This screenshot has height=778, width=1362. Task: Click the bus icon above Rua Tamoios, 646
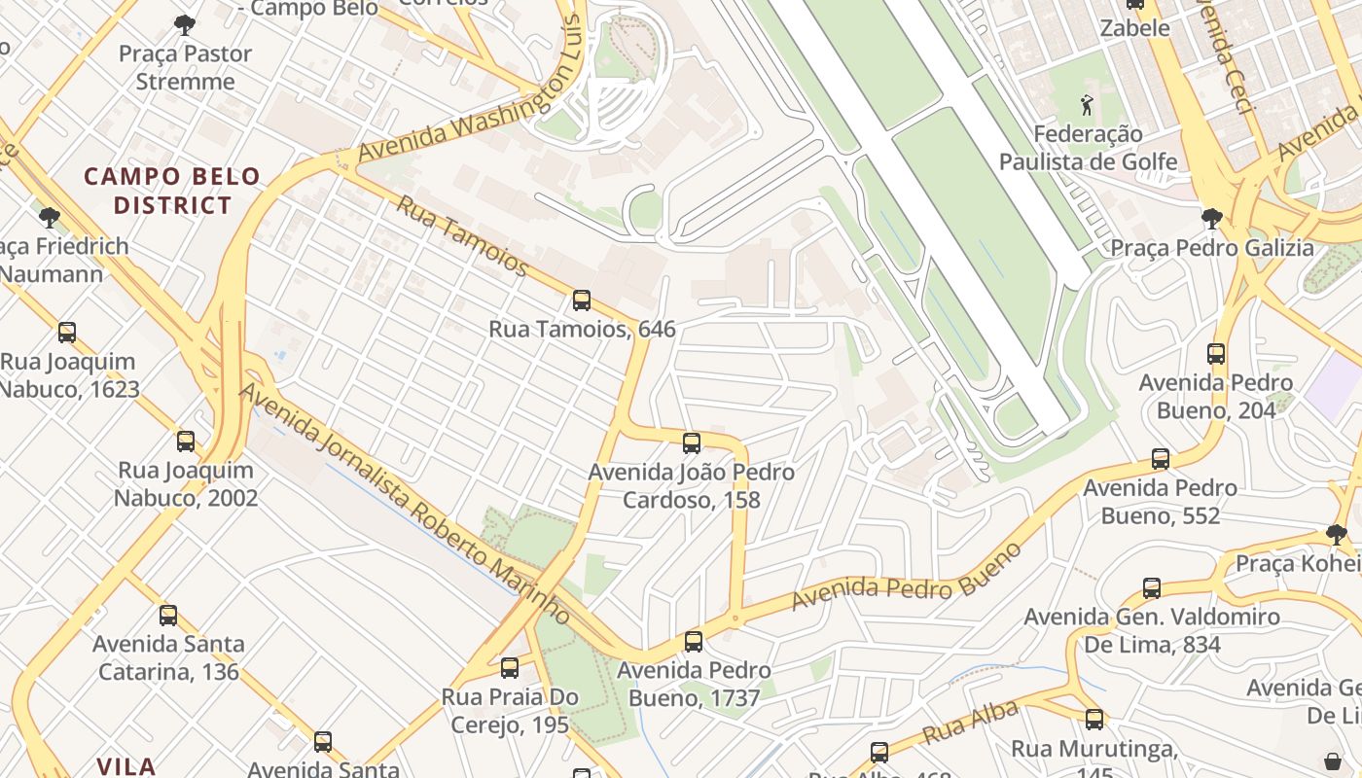(x=582, y=301)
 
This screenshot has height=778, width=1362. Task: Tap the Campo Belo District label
(x=172, y=191)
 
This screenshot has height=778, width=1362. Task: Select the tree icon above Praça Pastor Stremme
(x=184, y=25)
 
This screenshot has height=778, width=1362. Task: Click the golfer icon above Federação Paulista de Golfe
(x=1087, y=104)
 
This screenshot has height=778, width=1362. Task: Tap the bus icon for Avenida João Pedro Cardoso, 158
(x=692, y=444)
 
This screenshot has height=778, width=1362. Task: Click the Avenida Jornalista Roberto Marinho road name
(x=404, y=503)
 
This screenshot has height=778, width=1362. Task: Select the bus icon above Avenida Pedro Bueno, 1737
(x=694, y=642)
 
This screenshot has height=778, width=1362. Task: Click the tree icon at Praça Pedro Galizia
(x=1211, y=219)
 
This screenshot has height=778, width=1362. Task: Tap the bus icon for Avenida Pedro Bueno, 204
(x=1216, y=354)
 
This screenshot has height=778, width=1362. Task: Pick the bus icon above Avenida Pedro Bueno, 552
(x=1161, y=459)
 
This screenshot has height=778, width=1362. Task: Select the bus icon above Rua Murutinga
(x=1094, y=720)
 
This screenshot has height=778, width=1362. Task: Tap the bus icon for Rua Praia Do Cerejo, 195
(x=510, y=668)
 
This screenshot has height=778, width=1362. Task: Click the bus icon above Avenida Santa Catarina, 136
(x=168, y=615)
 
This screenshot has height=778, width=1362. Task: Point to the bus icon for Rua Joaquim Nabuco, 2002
(x=186, y=442)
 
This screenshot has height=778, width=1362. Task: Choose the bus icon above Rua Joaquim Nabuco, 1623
(x=67, y=333)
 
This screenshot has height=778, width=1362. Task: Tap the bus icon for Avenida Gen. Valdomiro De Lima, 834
(x=1152, y=588)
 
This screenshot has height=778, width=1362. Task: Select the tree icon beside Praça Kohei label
(x=1337, y=534)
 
